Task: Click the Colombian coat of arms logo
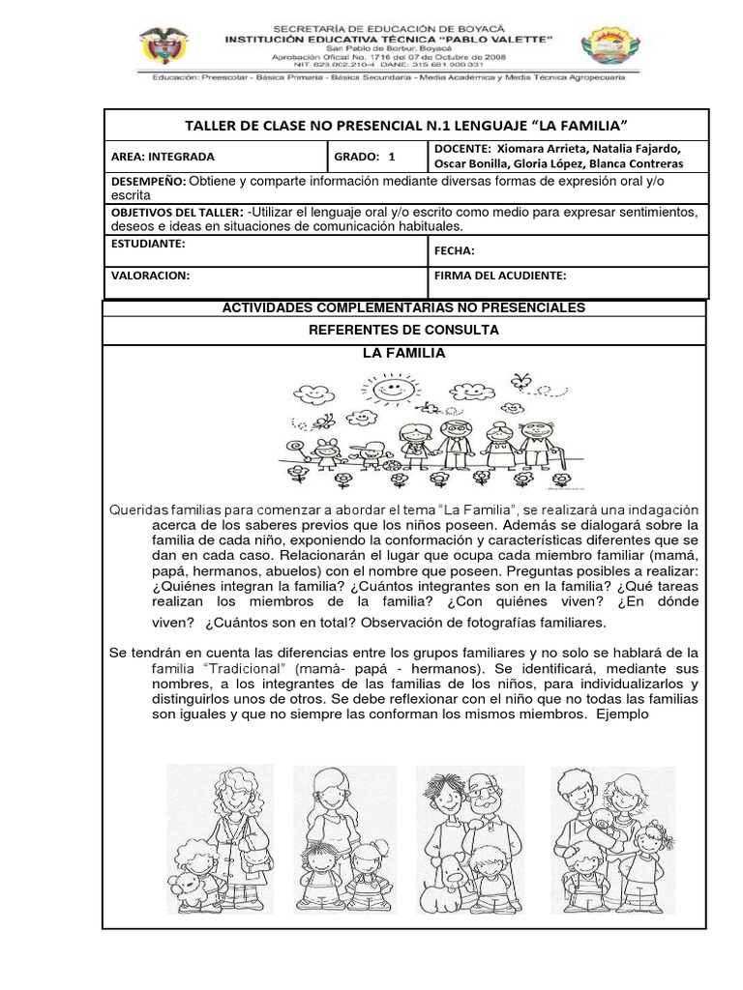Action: (162, 45)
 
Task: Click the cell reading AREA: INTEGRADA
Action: (163, 156)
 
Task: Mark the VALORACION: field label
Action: (150, 276)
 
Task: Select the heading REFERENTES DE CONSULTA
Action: (403, 330)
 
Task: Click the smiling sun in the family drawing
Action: (387, 392)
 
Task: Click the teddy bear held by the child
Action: (185, 884)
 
